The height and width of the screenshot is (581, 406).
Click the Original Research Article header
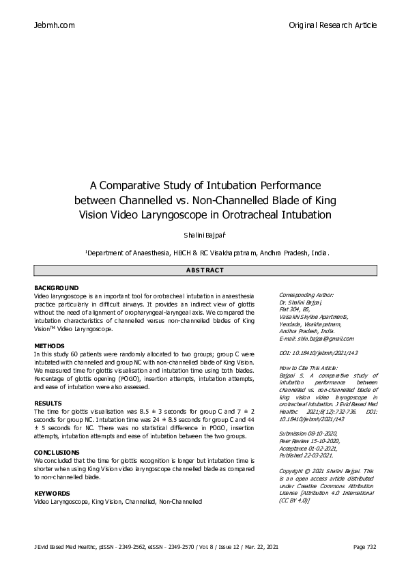click(x=333, y=25)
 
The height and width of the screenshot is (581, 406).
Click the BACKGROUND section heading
click(x=56, y=288)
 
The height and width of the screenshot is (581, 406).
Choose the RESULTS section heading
click(x=48, y=403)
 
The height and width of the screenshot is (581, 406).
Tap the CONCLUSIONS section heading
click(x=57, y=453)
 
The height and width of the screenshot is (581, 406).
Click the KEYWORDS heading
click(x=52, y=492)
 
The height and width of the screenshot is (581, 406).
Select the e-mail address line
click(x=317, y=339)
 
